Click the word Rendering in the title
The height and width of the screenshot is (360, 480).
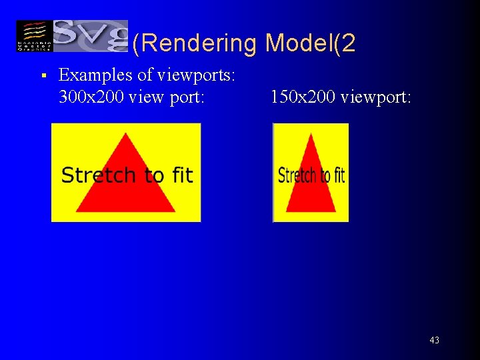194,43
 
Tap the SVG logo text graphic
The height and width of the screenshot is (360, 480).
90,35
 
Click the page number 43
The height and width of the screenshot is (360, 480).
434,340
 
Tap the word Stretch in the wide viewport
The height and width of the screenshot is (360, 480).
98,175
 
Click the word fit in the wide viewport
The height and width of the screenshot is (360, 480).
182,175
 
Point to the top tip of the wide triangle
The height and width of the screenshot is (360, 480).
126,133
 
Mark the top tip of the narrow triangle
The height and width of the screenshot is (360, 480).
311,134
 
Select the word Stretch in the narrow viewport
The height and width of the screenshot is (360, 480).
297,176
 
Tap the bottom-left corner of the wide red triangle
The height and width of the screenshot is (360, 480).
77,211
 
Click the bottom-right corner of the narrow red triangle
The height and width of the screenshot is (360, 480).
335,211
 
